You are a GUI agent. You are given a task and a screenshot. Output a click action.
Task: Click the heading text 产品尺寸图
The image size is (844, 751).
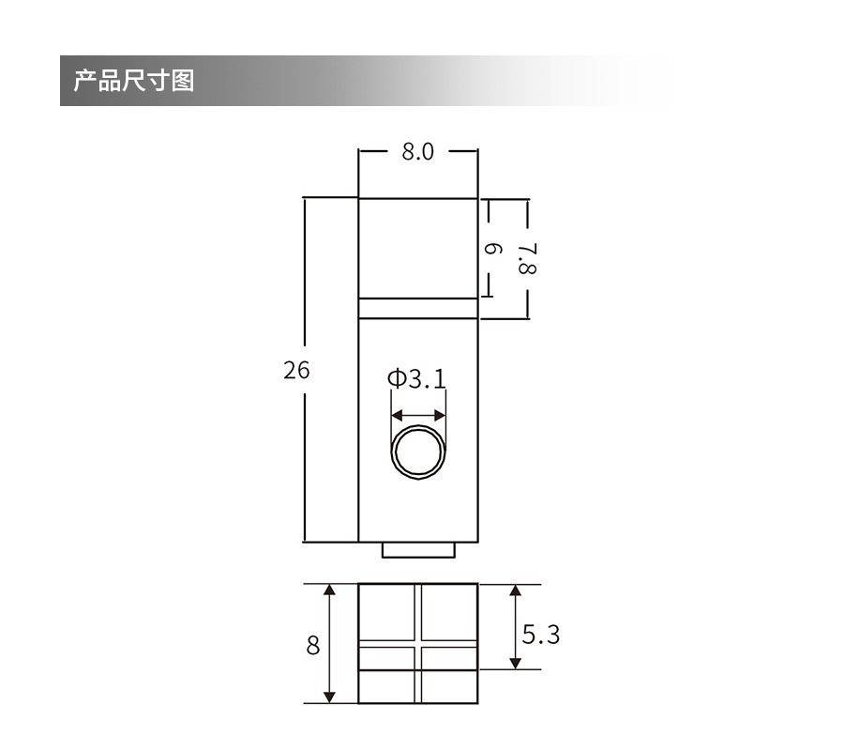(x=134, y=81)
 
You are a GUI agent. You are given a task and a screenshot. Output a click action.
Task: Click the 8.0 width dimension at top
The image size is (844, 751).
(x=418, y=151)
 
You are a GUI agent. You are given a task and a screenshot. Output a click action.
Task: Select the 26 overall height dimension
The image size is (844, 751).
(x=296, y=370)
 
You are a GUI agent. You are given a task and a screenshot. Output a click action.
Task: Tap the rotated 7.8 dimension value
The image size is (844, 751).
(x=527, y=258)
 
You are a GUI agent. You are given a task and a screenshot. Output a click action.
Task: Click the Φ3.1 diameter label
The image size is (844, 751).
(x=416, y=378)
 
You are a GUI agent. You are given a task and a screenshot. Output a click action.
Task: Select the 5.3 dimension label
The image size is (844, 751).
(x=541, y=635)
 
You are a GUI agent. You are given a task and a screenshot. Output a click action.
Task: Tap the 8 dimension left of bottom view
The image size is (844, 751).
(x=312, y=646)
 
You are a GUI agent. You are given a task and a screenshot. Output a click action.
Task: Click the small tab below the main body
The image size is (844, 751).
(x=418, y=550)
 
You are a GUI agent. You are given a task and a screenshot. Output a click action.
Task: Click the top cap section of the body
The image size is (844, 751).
(x=418, y=248)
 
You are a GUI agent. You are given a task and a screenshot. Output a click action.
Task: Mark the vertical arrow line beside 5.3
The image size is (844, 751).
(x=515, y=626)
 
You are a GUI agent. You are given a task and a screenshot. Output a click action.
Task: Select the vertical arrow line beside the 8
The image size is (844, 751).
(x=330, y=644)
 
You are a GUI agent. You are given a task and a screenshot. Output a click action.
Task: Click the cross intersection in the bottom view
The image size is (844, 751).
(x=418, y=643)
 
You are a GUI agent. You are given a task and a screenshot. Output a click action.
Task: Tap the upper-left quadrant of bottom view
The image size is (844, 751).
(x=388, y=612)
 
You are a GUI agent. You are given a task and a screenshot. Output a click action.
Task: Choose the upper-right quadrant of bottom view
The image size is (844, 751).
(x=449, y=612)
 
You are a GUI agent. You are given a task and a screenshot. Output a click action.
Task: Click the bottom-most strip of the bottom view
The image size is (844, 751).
(x=418, y=687)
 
